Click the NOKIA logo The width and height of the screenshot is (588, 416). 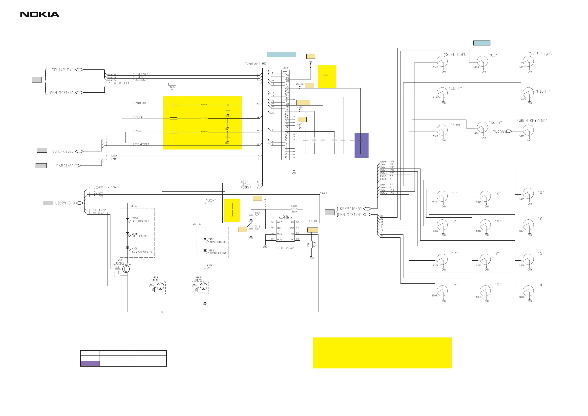coord(40,14)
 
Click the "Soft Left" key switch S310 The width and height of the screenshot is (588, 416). coord(442,62)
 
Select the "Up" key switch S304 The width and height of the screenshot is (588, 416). coord(482,62)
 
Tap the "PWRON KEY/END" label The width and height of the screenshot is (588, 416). coord(531,121)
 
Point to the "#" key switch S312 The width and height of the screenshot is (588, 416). coord(528,291)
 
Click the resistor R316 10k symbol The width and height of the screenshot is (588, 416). coord(172,84)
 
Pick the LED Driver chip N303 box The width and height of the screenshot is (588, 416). coord(285,231)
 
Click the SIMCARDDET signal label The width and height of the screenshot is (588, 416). coord(141,145)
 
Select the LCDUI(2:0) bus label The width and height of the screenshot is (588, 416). coord(60,70)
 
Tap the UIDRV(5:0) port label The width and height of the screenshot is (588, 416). coord(66,203)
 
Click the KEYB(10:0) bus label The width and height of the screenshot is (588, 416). coord(351,209)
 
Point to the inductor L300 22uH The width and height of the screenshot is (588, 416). coord(294,209)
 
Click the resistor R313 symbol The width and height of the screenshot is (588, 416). coord(311,245)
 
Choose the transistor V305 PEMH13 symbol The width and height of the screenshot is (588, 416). coord(203,286)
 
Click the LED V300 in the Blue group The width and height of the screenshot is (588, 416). coord(127,219)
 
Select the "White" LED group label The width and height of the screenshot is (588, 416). coord(196,224)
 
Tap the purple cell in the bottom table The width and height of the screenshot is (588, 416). coord(90,363)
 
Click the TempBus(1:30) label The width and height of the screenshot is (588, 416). coord(256,63)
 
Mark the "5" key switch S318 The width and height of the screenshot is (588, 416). coord(485,225)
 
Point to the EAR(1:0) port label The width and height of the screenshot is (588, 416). coord(65,166)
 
